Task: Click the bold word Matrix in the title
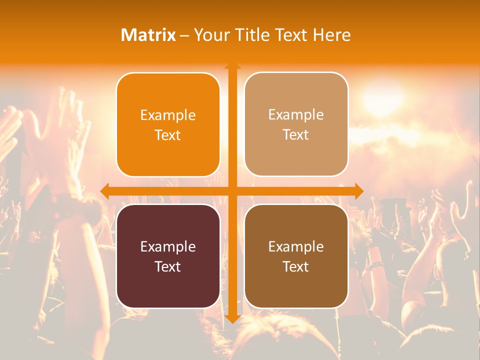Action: (x=148, y=35)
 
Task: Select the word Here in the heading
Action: (x=331, y=35)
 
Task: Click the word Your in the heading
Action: (x=210, y=35)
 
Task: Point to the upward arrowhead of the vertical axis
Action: (x=232, y=66)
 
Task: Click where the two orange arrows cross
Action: (x=232, y=191)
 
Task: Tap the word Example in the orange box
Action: (x=168, y=115)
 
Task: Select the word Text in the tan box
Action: (x=296, y=135)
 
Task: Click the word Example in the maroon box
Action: (x=168, y=247)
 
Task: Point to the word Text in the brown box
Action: (x=296, y=266)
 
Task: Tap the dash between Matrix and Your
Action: (x=184, y=35)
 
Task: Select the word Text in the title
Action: (x=292, y=35)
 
